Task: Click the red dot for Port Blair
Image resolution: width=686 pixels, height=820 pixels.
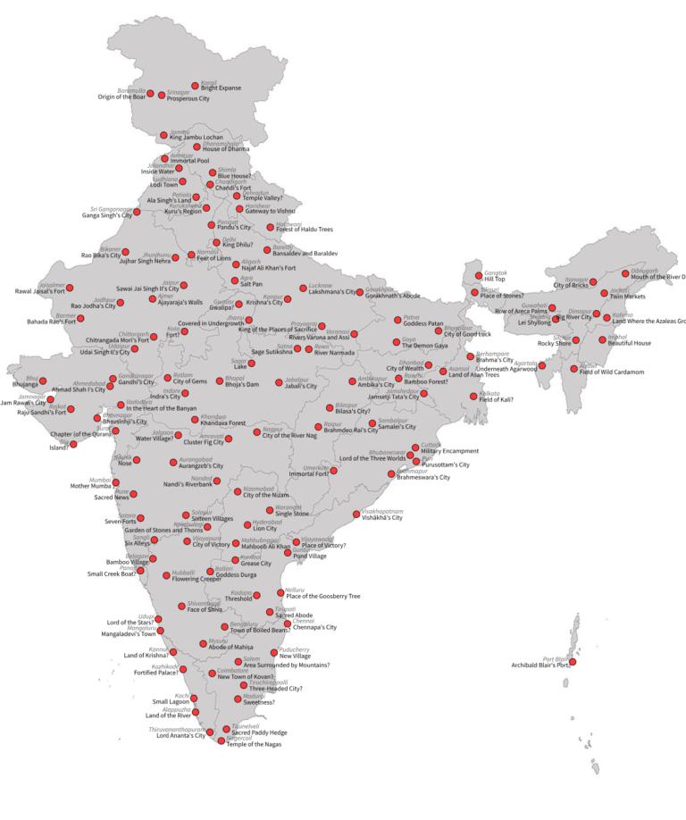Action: (x=573, y=662)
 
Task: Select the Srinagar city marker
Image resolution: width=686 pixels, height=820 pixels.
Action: (x=163, y=94)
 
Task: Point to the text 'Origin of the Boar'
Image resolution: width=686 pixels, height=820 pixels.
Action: (x=121, y=96)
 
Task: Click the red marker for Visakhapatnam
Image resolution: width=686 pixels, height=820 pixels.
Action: (x=356, y=514)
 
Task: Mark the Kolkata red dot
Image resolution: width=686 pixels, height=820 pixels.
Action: (x=473, y=396)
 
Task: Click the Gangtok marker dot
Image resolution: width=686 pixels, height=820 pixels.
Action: (x=479, y=275)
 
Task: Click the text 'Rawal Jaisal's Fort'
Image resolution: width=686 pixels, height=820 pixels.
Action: (x=41, y=291)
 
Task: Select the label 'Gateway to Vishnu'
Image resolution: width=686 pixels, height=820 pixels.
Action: (x=271, y=211)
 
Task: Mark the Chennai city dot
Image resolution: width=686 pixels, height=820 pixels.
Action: (x=288, y=623)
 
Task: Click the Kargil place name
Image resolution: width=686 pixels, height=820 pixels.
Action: (x=209, y=82)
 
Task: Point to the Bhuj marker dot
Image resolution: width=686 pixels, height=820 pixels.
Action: (x=43, y=381)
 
